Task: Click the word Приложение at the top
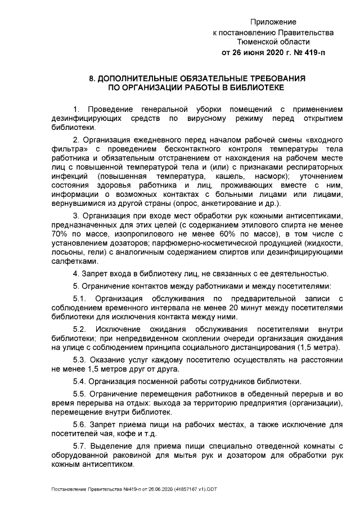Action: coord(273,22)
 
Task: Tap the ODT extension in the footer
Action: coord(209,489)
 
